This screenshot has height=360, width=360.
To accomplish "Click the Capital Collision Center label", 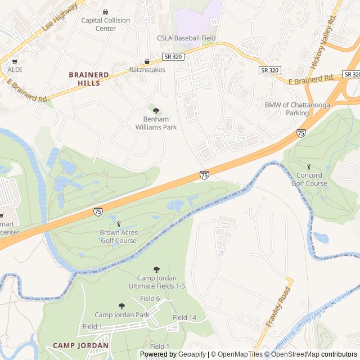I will point(105,24).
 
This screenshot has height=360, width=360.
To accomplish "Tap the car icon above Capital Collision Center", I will point(105,12).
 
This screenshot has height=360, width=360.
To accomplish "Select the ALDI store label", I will point(15,70).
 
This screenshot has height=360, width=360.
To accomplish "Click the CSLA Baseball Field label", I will point(186,38).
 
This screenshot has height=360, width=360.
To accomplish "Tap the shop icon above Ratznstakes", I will point(147,61).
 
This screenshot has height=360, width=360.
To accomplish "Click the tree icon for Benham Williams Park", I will point(156,111).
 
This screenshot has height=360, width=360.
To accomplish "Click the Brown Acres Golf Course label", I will point(118,236).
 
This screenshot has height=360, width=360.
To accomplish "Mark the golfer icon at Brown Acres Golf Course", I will point(118,224).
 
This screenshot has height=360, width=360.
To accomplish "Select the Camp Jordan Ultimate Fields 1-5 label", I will point(157,282).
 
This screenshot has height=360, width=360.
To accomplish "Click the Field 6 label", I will point(150,298).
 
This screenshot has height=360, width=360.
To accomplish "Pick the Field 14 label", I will point(184,318).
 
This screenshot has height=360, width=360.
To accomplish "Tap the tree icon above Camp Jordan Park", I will point(121,306).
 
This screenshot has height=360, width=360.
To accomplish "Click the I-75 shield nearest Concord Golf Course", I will point(301,133).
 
